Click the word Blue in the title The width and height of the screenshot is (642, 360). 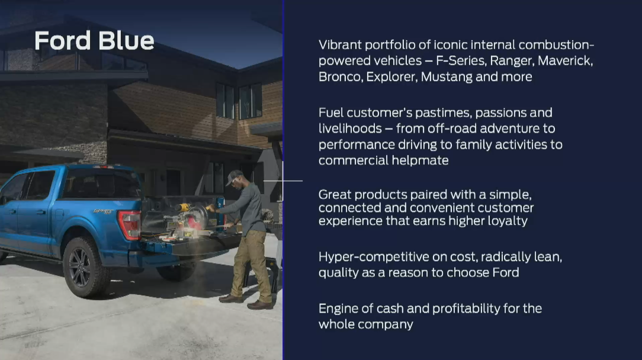126,40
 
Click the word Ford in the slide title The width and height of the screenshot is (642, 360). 63,40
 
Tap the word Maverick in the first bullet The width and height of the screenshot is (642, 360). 566,60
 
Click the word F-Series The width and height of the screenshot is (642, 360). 461,60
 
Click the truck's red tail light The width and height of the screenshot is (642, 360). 130,224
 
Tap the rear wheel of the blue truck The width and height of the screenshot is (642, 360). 84,267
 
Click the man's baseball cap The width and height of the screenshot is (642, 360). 234,176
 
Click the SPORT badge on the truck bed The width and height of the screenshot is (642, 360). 103,212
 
